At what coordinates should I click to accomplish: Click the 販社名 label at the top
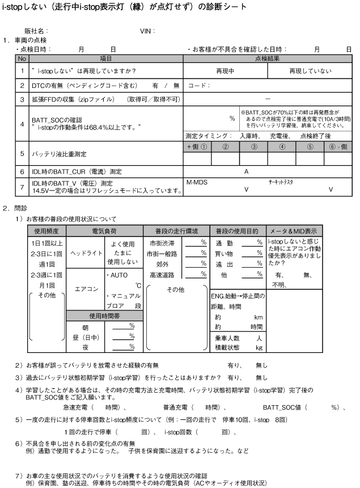pos(35,31)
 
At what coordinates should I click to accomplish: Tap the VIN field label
pos(147,31)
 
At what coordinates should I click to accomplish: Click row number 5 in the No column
pos(22,153)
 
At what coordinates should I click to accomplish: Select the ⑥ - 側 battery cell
pos(338,146)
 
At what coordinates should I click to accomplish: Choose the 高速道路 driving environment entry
pos(161,275)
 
